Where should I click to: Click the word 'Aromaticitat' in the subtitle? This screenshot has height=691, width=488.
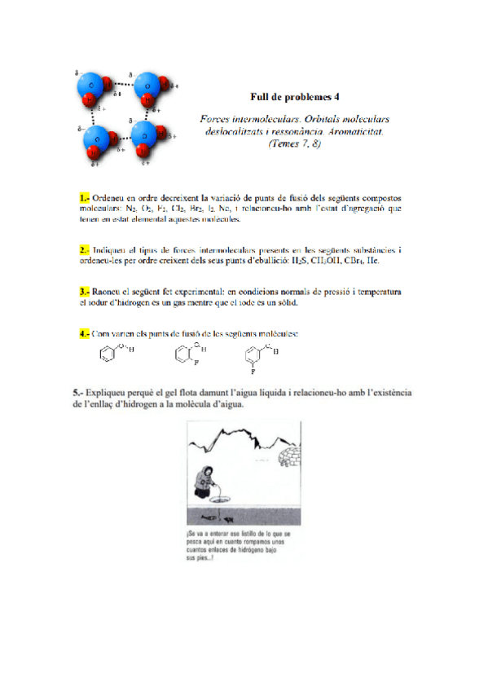coord(350,131)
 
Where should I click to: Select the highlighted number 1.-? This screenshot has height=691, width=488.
coord(84,198)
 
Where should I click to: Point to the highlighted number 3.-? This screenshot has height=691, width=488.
coord(84,290)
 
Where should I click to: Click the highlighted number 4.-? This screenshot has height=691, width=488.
coord(84,333)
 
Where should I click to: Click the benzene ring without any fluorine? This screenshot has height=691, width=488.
coord(105,355)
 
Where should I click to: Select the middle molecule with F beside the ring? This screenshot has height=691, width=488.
coord(182,354)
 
